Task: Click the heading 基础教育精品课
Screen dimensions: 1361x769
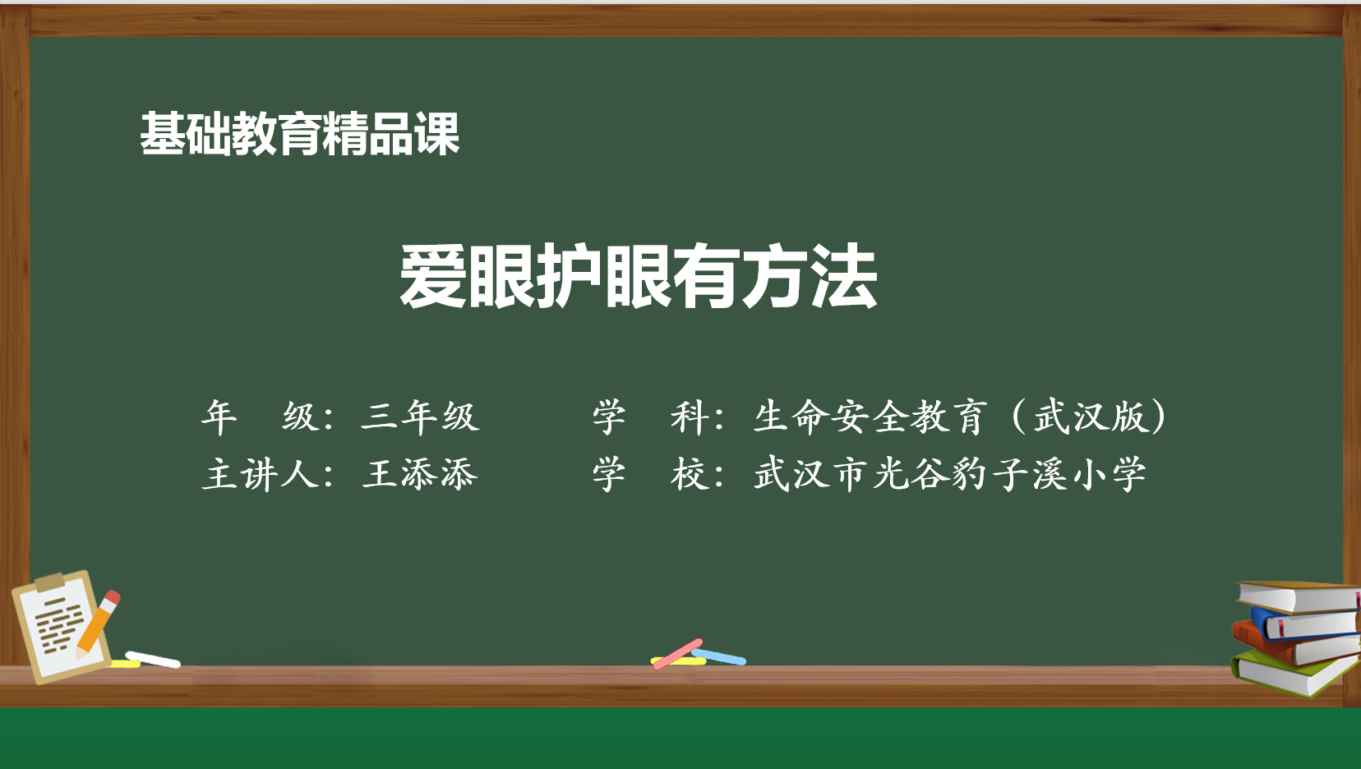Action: [299, 134]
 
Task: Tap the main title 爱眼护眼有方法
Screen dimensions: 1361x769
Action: [638, 276]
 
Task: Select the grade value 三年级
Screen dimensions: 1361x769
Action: [420, 417]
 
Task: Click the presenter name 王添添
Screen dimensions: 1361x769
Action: [420, 474]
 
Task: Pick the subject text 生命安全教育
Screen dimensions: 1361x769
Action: [870, 417]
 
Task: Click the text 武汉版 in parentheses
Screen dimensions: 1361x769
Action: [1090, 417]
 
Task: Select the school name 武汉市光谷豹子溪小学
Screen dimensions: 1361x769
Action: [950, 474]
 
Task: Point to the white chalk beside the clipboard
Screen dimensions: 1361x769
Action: [153, 660]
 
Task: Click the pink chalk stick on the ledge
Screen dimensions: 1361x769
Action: [677, 654]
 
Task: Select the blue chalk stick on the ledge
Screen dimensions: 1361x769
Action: [719, 656]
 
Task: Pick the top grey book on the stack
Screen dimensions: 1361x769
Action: [1299, 596]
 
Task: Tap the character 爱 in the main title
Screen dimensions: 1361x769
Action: [432, 276]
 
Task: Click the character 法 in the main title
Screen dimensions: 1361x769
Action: [844, 276]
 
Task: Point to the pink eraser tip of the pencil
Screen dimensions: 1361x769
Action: [113, 597]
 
